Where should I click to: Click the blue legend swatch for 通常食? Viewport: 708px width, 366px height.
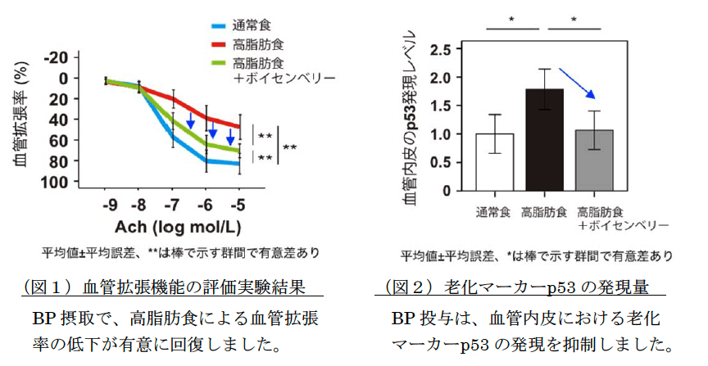pyautogui.click(x=218, y=25)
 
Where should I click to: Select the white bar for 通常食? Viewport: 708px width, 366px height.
pyautogui.click(x=495, y=161)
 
